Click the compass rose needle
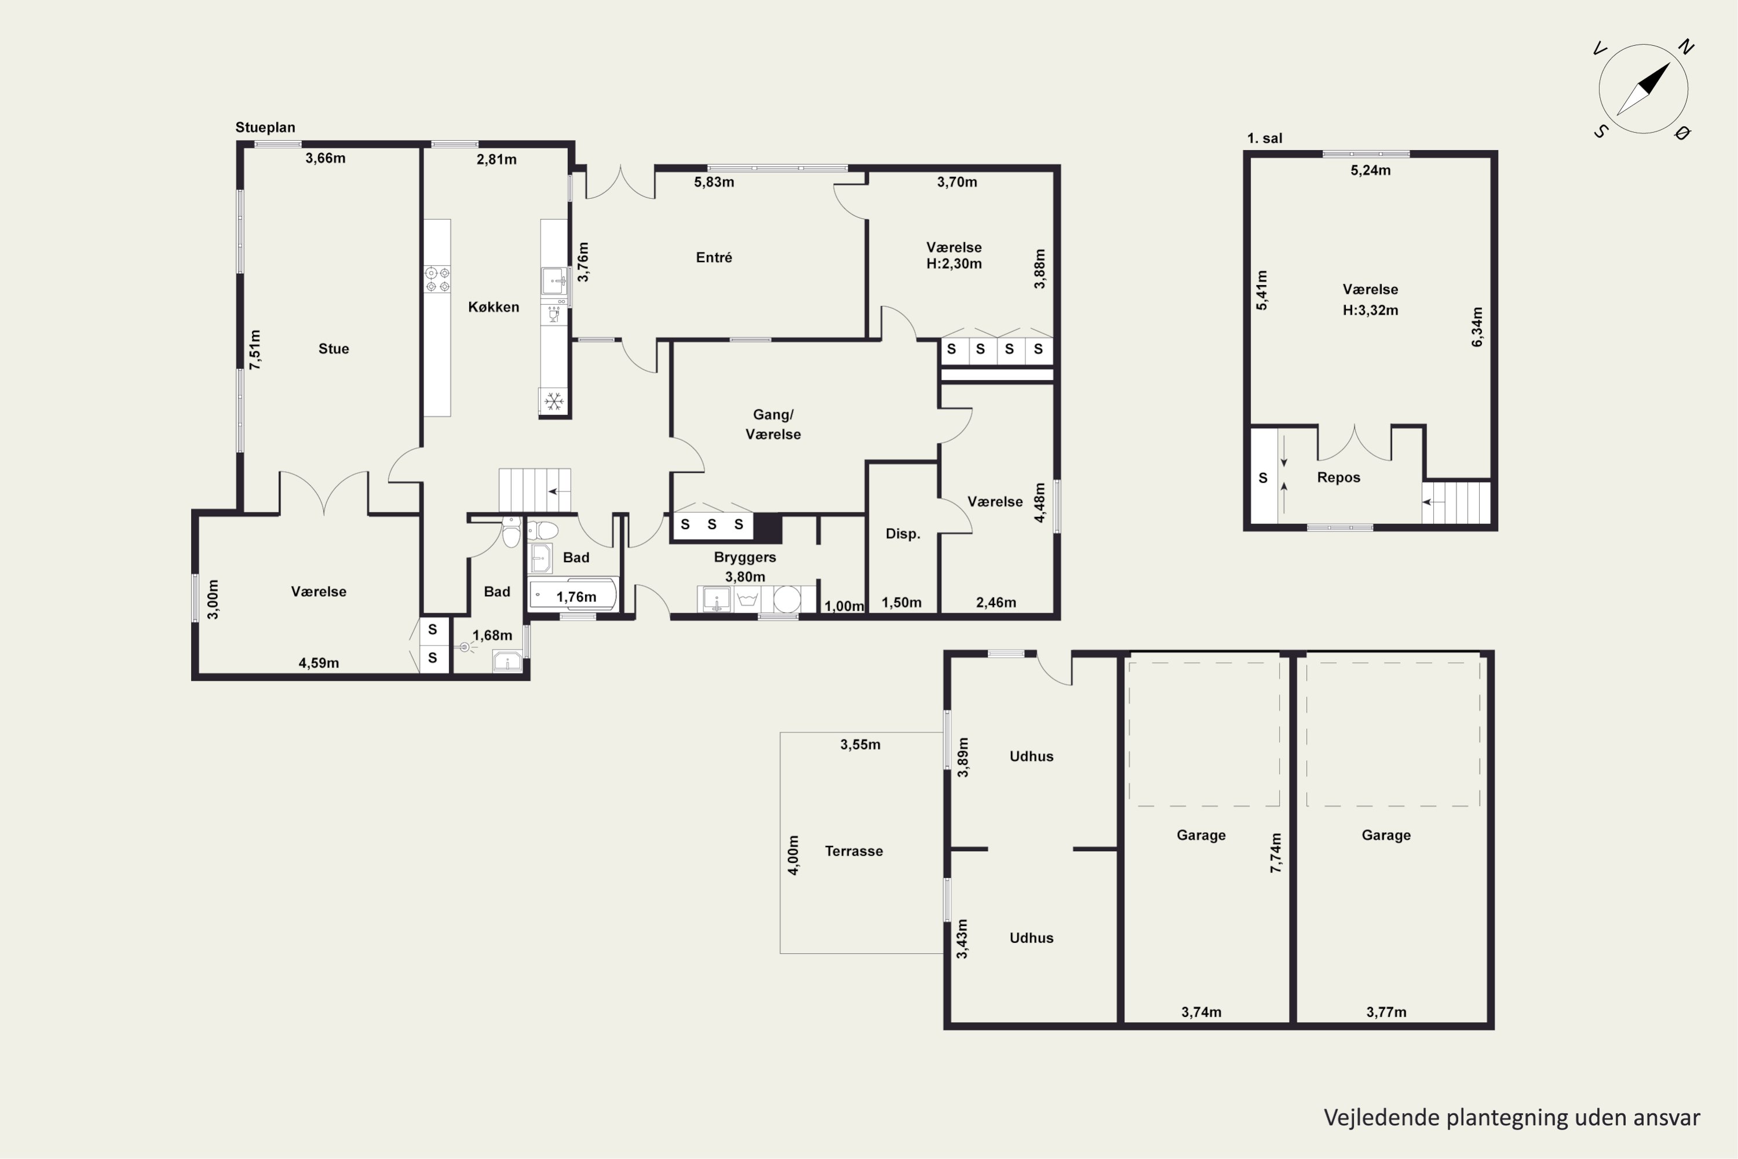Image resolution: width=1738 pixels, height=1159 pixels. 1644,89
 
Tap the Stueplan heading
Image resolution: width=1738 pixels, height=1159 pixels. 265,127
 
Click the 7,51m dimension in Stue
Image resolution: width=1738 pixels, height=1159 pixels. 255,349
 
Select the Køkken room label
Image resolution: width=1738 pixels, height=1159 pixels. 494,307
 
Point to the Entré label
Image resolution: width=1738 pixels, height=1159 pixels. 714,257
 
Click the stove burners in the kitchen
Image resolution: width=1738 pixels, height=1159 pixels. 437,279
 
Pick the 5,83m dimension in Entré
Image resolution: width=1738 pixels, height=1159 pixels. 714,182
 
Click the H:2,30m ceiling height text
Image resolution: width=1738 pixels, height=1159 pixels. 954,264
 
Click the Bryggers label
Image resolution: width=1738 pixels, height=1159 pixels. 745,557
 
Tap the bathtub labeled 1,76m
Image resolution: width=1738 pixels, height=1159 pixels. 574,595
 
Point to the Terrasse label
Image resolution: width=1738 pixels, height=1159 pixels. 854,851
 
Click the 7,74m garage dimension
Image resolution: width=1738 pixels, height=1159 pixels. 1276,853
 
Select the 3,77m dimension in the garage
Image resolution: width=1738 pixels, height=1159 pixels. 1386,1012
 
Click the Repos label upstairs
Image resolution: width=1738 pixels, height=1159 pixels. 1339,478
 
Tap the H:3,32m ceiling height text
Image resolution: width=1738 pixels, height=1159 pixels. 1371,311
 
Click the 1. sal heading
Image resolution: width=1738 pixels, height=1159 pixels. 1265,139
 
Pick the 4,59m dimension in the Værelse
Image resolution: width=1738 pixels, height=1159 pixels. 319,663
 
